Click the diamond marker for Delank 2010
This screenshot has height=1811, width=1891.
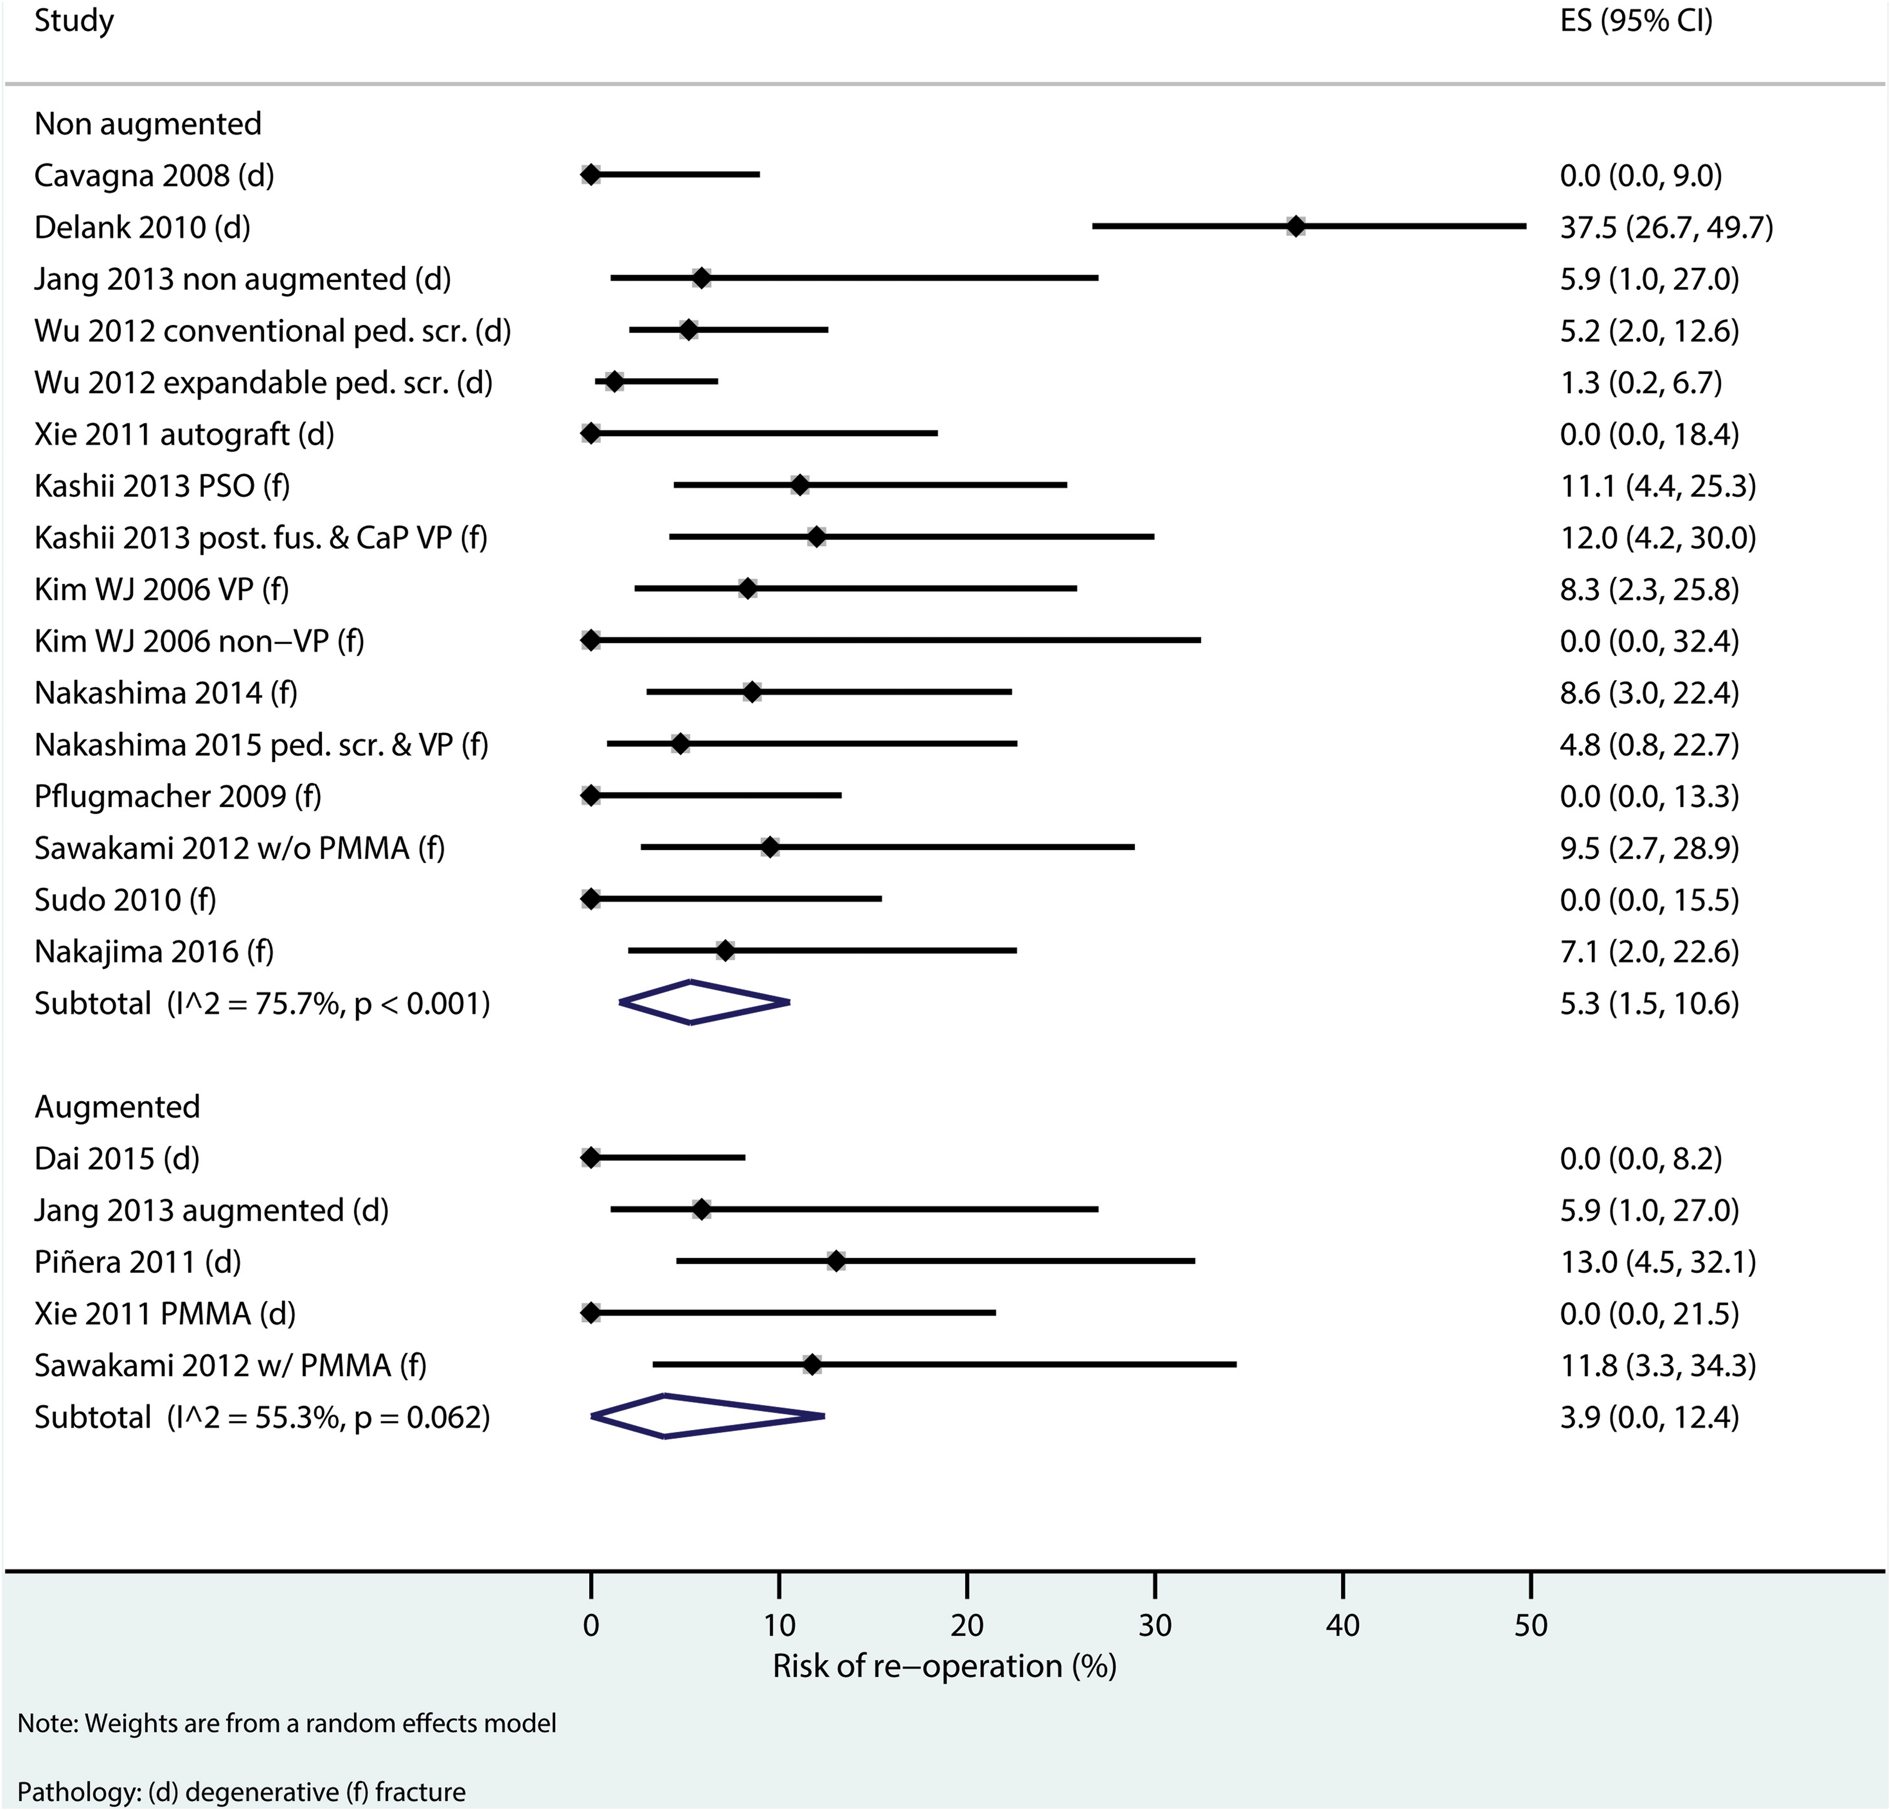[1296, 227]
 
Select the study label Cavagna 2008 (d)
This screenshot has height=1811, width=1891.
[154, 176]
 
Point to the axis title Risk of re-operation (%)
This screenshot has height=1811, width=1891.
[945, 1666]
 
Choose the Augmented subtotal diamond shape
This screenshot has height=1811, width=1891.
[707, 1416]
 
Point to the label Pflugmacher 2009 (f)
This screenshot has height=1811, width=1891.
[178, 796]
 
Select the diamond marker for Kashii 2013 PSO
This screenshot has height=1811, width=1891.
[800, 485]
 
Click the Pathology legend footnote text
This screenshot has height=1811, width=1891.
[241, 1792]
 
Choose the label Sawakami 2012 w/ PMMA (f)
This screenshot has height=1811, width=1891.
[231, 1365]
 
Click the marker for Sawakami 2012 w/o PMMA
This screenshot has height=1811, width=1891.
[770, 847]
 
